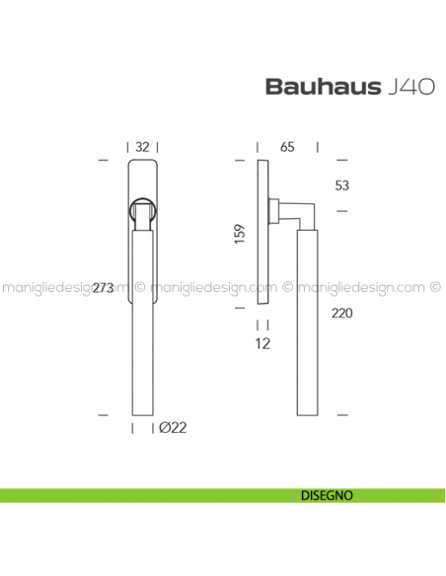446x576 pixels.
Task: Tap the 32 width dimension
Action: point(142,147)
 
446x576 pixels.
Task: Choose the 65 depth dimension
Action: point(288,147)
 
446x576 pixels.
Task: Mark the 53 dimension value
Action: point(342,185)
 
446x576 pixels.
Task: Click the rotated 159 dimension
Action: point(241,235)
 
